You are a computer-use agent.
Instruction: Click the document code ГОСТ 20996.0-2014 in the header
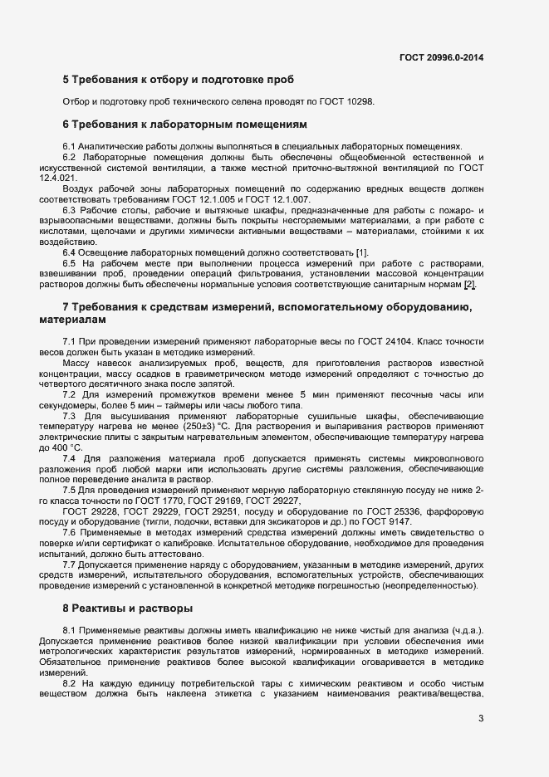442,58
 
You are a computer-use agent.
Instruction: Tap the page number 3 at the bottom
482,719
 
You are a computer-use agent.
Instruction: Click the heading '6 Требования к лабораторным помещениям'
185,125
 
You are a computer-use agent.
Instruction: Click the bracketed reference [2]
470,285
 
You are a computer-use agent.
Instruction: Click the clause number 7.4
70,458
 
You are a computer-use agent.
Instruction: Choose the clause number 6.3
70,209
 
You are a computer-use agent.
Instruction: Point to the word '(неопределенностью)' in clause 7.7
434,585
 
